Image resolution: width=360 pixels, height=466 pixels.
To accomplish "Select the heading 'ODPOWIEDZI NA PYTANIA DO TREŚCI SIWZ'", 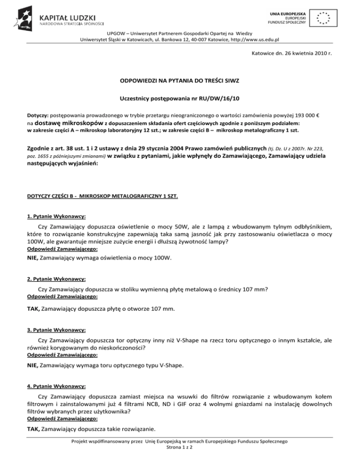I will tap(180, 82).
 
